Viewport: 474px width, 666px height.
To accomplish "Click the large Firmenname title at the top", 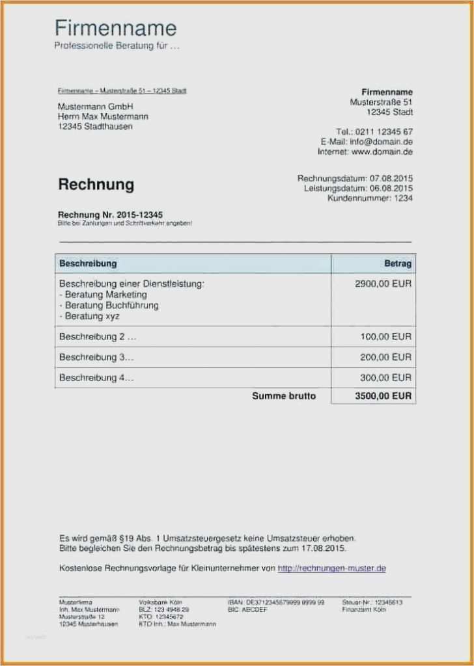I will [115, 29].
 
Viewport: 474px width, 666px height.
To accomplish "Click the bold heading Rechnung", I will [96, 185].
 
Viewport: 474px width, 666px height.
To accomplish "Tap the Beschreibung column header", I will [88, 263].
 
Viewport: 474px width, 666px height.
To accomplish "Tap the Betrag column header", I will [398, 263].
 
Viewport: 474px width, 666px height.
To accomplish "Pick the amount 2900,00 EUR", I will [383, 284].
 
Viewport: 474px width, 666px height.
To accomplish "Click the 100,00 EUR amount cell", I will [385, 337].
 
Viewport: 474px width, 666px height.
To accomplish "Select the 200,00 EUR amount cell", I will [385, 357].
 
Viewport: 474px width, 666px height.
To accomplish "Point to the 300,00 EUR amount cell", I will [385, 377].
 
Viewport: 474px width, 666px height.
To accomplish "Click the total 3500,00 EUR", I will [383, 395].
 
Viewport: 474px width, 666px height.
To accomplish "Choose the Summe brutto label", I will [284, 395].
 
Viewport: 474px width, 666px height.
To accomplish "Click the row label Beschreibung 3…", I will [96, 357].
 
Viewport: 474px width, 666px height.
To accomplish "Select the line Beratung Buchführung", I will [109, 305].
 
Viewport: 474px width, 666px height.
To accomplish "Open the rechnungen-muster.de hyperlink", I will [332, 568].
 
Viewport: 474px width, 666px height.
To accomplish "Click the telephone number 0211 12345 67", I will [383, 131].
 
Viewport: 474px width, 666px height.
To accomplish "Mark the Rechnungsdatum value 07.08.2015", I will [391, 178].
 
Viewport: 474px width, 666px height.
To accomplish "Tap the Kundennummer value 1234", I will [402, 198].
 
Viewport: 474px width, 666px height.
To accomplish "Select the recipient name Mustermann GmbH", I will [95, 106].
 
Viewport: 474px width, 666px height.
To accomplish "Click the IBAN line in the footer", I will [276, 602].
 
